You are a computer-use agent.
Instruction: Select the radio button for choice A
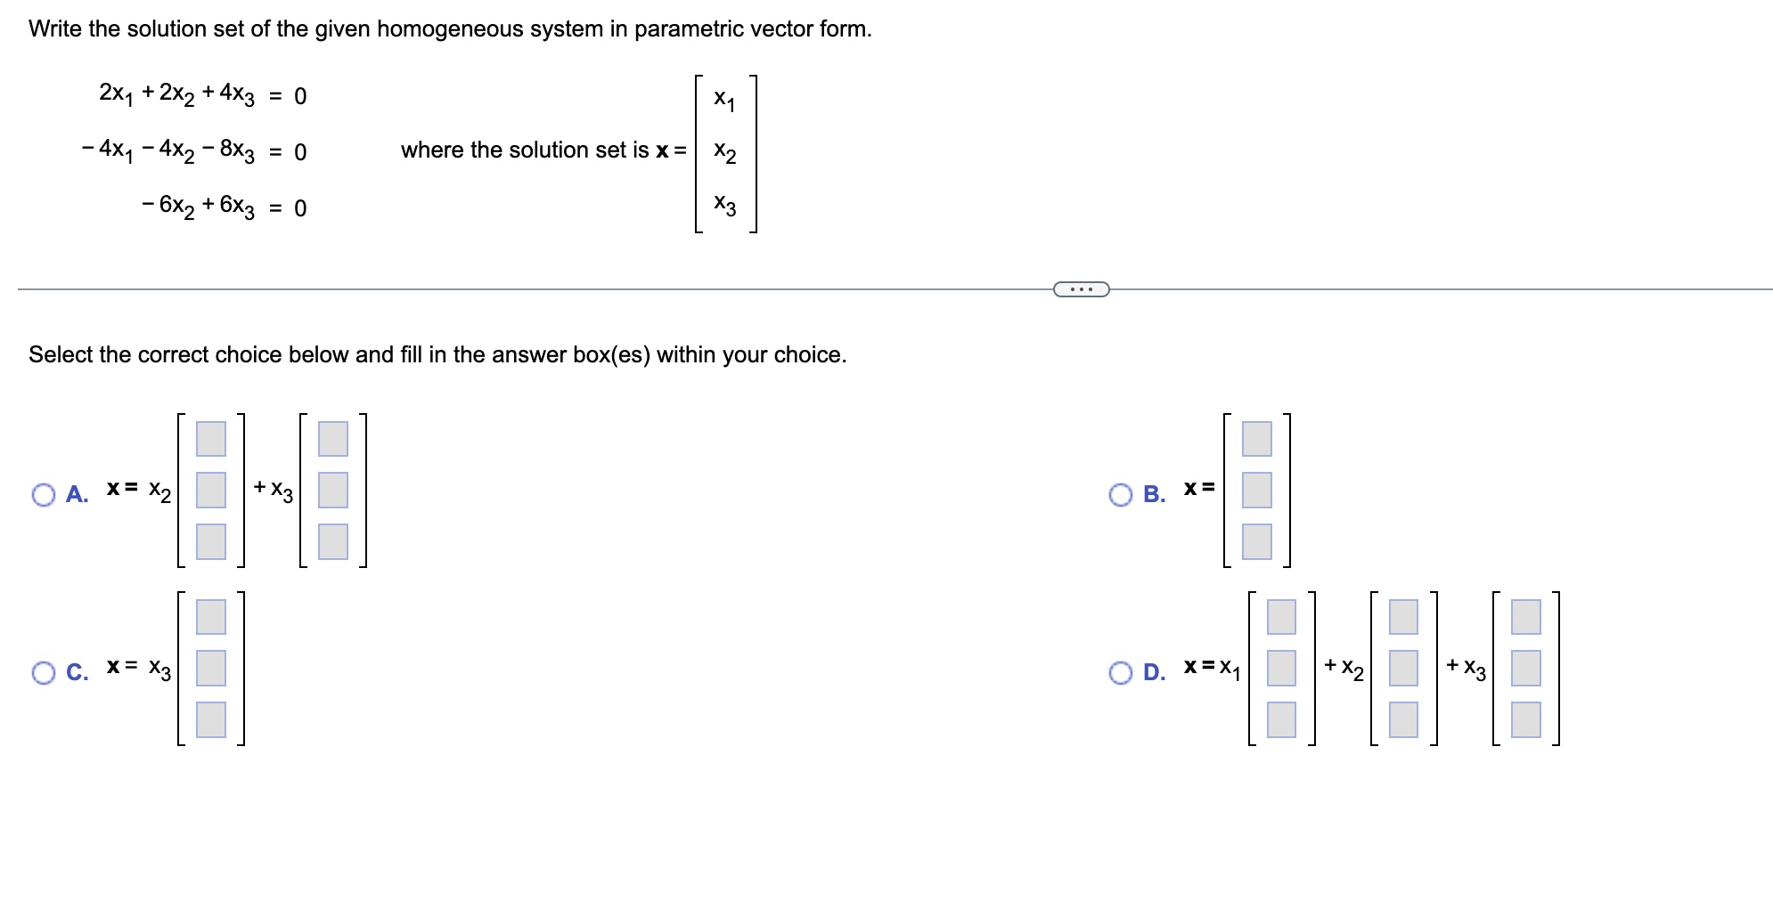click(x=44, y=495)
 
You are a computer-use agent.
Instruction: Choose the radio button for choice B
click(x=1121, y=495)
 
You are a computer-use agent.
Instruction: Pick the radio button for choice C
click(x=44, y=672)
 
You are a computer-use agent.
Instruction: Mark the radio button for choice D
click(x=1121, y=672)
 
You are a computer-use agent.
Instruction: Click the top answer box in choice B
click(x=1256, y=438)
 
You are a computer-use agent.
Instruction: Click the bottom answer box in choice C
click(x=211, y=719)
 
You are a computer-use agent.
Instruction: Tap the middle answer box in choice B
click(x=1256, y=490)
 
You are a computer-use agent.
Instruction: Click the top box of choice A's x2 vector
click(x=211, y=438)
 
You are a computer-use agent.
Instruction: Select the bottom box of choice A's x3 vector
click(x=333, y=541)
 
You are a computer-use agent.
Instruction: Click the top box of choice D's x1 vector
click(x=1281, y=616)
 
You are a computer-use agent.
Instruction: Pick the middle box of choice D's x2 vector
click(x=1403, y=668)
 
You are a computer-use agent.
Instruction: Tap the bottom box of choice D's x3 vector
click(x=1525, y=719)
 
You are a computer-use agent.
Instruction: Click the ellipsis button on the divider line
click(x=1081, y=289)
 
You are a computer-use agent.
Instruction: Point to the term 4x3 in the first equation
click(x=237, y=94)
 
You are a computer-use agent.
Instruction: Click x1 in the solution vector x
click(x=724, y=99)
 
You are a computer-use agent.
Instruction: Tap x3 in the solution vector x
click(x=724, y=206)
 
